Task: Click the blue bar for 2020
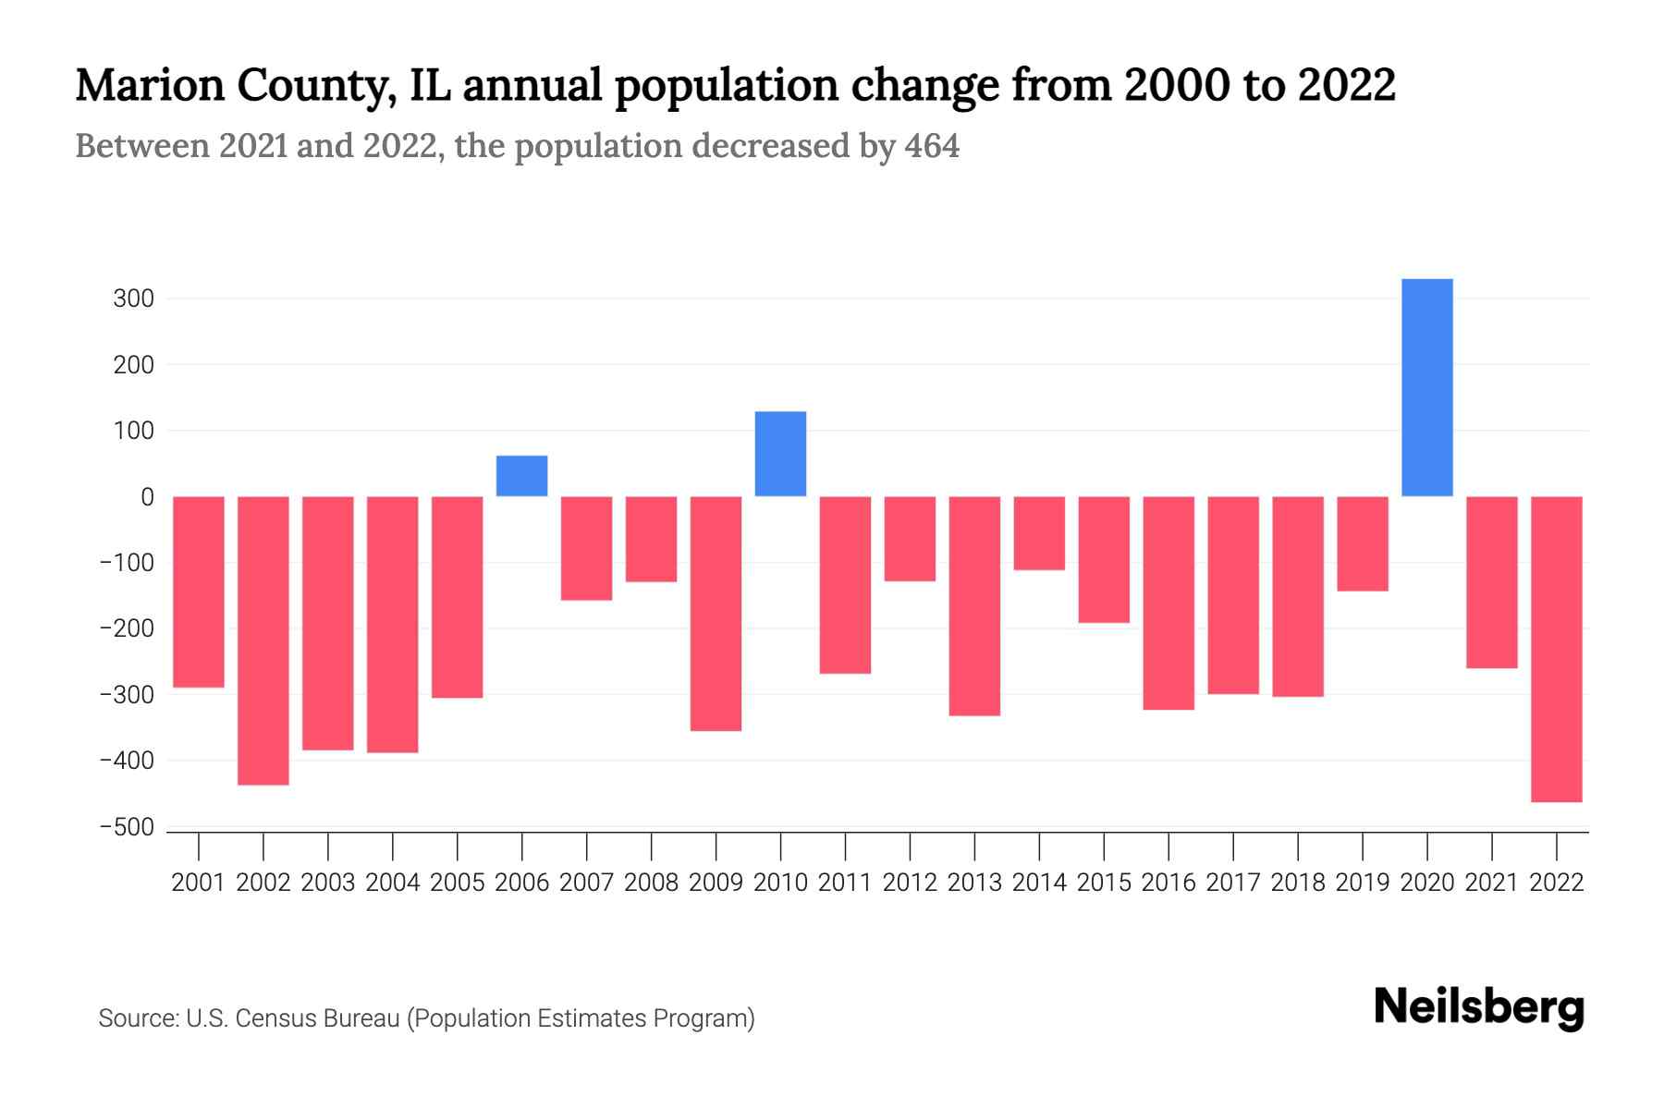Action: pos(1426,387)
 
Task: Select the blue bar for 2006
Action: pos(521,476)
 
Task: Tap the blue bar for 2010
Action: pos(780,454)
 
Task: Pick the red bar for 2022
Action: pos(1556,649)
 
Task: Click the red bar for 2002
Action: pos(263,640)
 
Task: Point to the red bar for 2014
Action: pos(1039,533)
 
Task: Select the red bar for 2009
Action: pos(716,614)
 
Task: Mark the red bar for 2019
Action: pos(1362,543)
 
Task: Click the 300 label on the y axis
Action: pos(134,299)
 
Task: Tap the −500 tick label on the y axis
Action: pos(127,828)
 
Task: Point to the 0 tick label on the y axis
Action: pos(147,497)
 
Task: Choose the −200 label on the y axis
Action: pos(127,629)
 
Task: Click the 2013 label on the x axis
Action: pos(974,883)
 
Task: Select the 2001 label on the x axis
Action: pos(199,883)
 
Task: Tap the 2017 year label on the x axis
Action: pos(1232,883)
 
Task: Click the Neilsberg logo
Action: pos(1478,1007)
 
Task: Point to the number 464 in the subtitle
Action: pos(932,146)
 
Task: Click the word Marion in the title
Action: pos(150,85)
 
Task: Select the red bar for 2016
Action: pos(1168,603)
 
